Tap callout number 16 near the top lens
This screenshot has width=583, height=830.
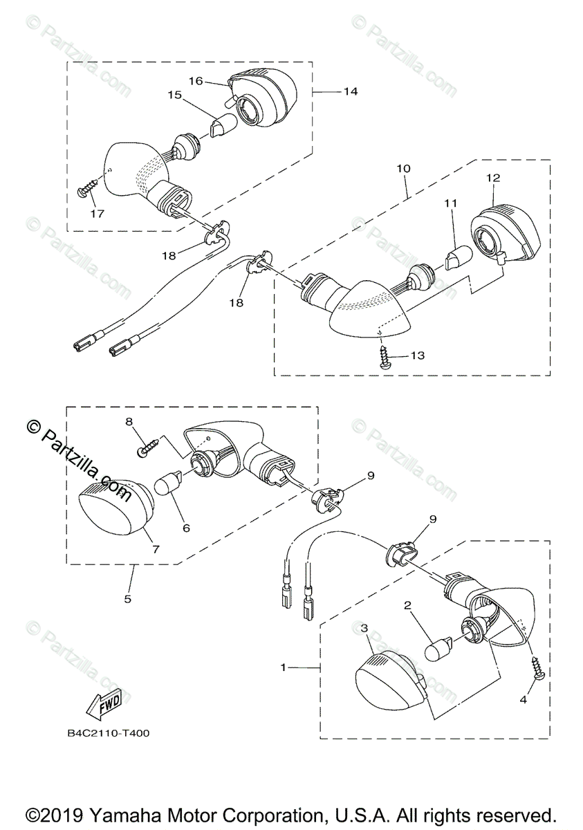click(196, 81)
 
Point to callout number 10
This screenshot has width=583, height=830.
click(404, 168)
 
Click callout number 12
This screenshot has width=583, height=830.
click(492, 178)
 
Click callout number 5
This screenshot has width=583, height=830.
click(128, 599)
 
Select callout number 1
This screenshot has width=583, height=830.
click(283, 667)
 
